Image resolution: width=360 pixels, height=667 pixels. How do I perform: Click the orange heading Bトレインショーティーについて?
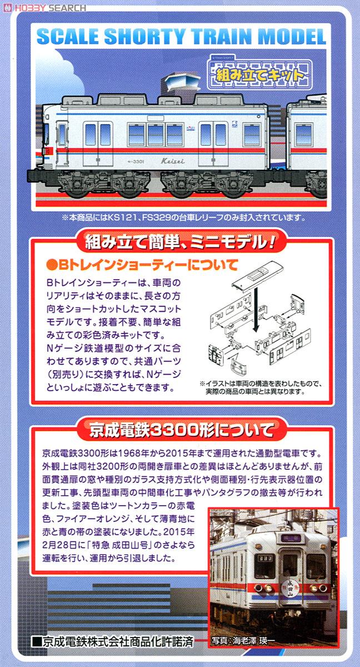(x=143, y=265)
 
